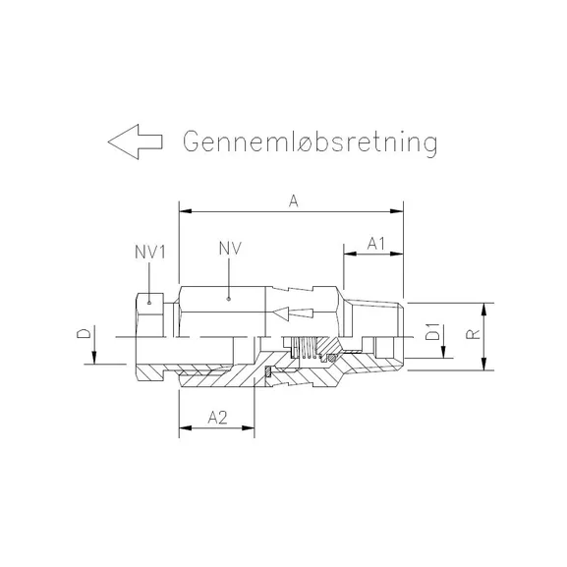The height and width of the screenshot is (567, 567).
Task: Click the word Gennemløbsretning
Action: tap(309, 142)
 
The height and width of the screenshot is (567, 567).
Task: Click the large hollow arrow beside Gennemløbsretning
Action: tap(135, 142)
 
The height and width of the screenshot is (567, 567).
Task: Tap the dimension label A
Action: tap(294, 199)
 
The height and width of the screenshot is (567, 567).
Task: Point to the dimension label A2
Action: tap(218, 418)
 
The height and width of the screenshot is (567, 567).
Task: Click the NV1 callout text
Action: tap(149, 251)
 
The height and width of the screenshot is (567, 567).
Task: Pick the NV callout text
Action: tap(228, 250)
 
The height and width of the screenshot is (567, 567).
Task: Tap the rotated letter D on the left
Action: tap(85, 336)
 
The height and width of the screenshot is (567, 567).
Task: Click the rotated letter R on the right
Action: tap(473, 335)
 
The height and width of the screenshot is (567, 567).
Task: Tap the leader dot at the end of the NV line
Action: tap(228, 295)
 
